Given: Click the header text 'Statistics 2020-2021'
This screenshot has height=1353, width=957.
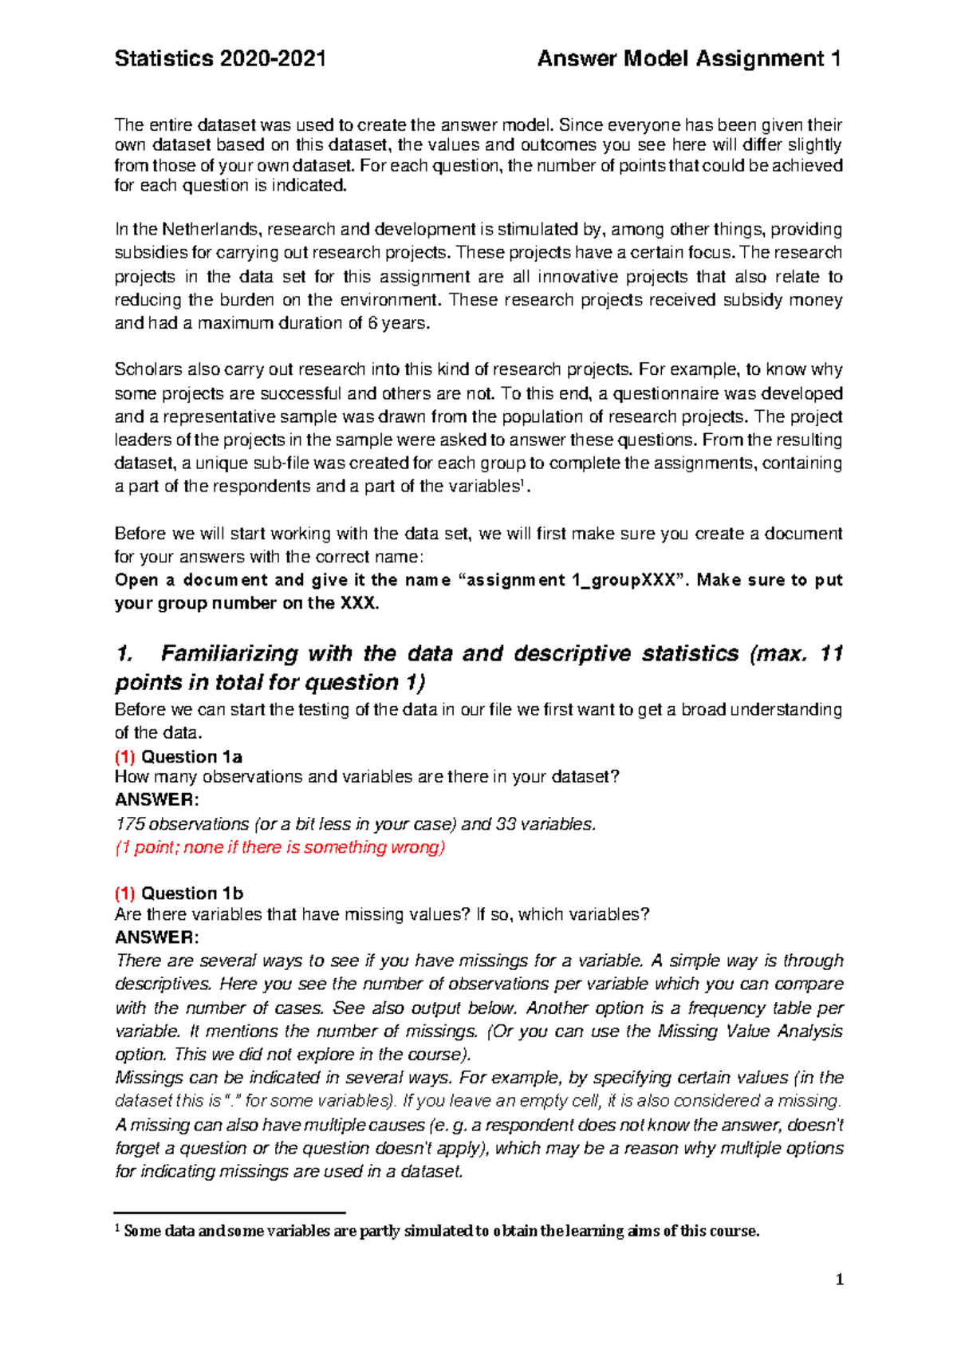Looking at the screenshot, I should tap(220, 59).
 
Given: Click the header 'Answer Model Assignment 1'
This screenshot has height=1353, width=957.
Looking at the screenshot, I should tap(689, 59).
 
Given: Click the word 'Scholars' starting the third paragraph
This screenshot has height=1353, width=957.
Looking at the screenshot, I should tap(148, 369).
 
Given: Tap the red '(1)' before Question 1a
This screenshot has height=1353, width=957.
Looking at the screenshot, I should tap(125, 757).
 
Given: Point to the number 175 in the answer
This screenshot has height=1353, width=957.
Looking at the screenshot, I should tap(129, 824).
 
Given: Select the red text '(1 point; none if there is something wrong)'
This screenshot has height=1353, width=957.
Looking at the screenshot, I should tap(280, 847).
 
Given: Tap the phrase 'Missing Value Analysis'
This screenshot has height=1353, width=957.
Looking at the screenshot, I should tap(750, 1032).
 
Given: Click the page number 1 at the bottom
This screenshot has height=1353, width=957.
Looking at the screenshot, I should tap(839, 1280).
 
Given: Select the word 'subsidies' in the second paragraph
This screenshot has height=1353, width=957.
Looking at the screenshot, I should tap(151, 253).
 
